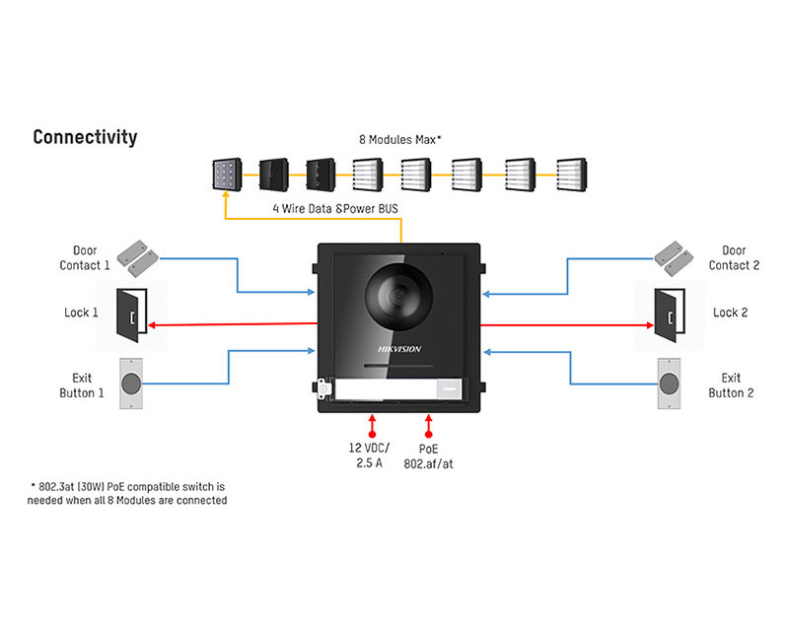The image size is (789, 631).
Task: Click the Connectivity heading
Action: [85, 137]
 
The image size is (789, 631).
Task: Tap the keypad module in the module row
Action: [227, 175]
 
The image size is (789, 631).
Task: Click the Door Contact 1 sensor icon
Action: [137, 258]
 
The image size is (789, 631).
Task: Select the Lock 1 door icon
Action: [132, 315]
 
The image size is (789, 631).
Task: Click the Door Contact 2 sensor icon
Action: [674, 258]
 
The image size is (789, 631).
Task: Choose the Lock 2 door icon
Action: [670, 315]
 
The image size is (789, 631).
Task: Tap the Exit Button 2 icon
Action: [670, 384]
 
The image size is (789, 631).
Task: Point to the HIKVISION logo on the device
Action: [399, 349]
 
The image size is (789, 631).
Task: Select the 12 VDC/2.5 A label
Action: [369, 456]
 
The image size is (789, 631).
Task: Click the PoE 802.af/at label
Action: [428, 456]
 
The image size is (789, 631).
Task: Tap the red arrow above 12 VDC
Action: [372, 426]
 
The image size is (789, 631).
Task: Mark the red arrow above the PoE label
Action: [428, 426]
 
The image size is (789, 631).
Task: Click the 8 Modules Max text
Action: [400, 139]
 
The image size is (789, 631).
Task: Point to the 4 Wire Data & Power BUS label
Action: [335, 208]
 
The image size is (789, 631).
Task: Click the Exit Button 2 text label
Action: [731, 386]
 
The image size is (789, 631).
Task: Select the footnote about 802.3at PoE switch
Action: [127, 494]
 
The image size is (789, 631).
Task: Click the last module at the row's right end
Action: [572, 175]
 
